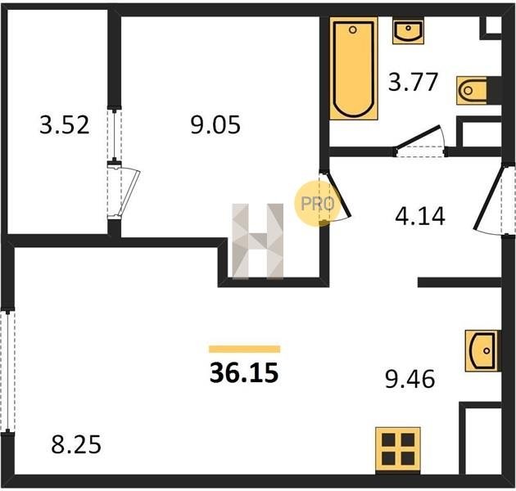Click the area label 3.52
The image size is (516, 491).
tap(65, 125)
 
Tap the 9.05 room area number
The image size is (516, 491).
tap(215, 125)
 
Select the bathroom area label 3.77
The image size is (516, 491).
tap(413, 82)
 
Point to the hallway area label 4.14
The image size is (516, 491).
tap(420, 216)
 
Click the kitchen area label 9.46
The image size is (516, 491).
tap(410, 379)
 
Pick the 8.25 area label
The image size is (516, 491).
tap(76, 444)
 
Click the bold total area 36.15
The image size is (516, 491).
tap(244, 373)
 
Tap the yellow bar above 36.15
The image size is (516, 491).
tap(245, 349)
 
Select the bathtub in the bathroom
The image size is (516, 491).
tap(354, 69)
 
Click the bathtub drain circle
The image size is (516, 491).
tap(353, 30)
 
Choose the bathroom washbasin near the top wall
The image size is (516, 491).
tap(408, 30)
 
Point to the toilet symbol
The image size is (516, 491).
tap(472, 91)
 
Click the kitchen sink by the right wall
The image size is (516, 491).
tap(482, 351)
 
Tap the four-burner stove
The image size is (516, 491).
tap(398, 449)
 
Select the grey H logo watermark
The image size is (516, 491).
tap(258, 241)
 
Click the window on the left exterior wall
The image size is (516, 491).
tap(7, 371)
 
